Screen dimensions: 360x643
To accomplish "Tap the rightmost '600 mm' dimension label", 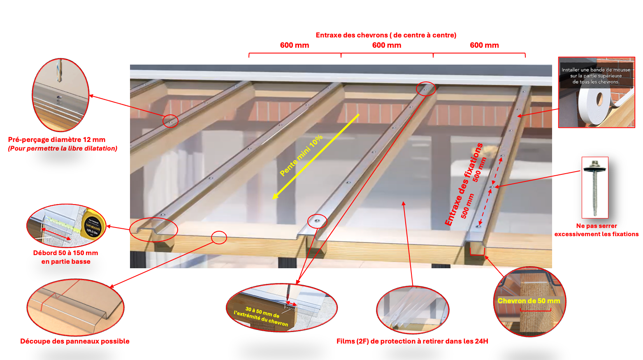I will coord(484,45).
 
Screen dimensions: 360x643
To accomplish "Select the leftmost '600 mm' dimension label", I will coord(294,45).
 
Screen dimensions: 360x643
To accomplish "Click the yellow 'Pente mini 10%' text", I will coord(301,156).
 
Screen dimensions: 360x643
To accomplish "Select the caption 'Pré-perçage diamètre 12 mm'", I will coord(57,140).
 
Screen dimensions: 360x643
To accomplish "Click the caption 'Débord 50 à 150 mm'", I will coord(65,253).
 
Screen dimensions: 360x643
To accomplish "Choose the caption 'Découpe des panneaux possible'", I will coord(75,341).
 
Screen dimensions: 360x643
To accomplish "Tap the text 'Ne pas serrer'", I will coord(597,226).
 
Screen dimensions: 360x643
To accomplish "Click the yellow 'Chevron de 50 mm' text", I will coord(529,301).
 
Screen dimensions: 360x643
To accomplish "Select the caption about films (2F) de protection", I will coord(412,341).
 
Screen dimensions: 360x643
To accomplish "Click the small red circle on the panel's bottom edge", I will coord(219,237).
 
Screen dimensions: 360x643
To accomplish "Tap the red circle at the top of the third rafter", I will coord(425,89).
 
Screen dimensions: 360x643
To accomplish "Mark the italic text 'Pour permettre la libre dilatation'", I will coord(63,149).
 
